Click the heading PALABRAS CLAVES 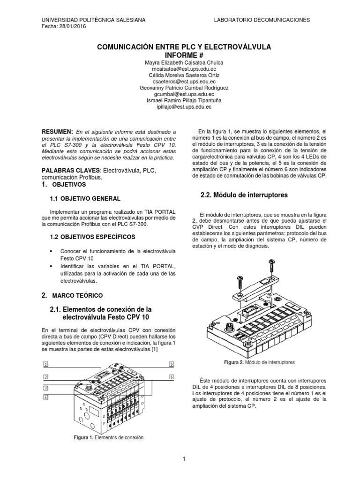71,170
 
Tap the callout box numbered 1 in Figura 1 46,364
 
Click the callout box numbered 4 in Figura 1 46,397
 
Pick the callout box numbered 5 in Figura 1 171,364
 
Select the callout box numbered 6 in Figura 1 171,377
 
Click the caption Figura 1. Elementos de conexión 108,437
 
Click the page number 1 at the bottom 184,459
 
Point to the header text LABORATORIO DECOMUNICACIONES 262,20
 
